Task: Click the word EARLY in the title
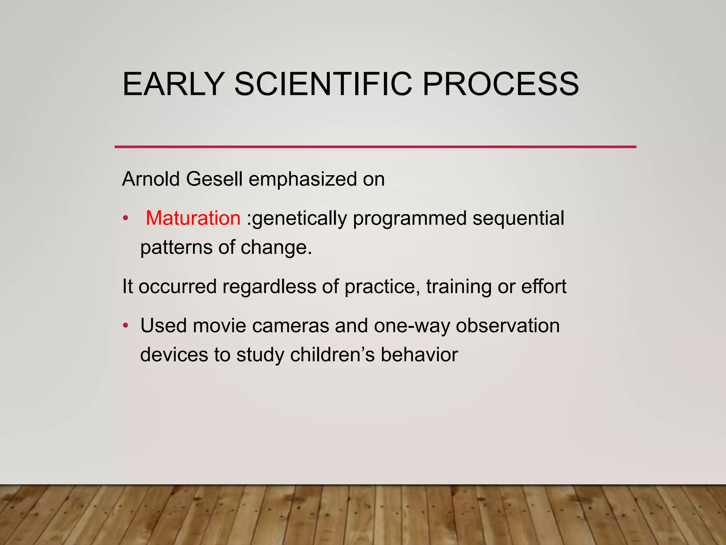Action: pyautogui.click(x=173, y=84)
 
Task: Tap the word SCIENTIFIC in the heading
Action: pyautogui.click(x=323, y=84)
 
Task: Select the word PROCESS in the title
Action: pyautogui.click(x=501, y=84)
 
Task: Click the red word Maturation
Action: pyautogui.click(x=193, y=218)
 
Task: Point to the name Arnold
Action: pyautogui.click(x=151, y=179)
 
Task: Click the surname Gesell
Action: pyautogui.click(x=214, y=179)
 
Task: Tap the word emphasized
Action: pyautogui.click(x=302, y=179)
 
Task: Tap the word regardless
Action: pyautogui.click(x=269, y=286)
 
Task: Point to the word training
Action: pyautogui.click(x=459, y=287)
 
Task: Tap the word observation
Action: pyautogui.click(x=508, y=326)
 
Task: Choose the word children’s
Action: pyautogui.click(x=332, y=355)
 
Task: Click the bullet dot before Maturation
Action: pyautogui.click(x=125, y=218)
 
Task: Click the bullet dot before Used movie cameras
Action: pyautogui.click(x=125, y=325)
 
